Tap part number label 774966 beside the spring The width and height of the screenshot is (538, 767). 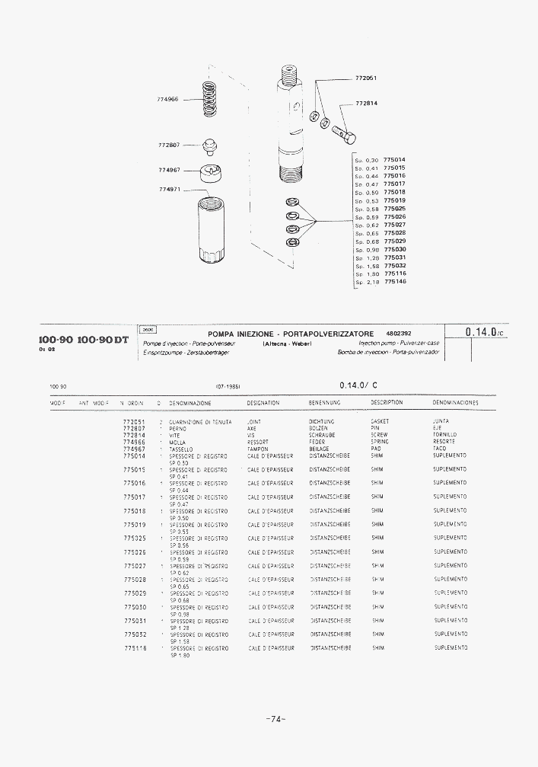(168, 99)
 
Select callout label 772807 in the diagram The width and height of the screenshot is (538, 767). (169, 145)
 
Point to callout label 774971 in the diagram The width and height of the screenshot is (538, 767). (169, 190)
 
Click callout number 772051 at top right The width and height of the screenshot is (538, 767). (367, 78)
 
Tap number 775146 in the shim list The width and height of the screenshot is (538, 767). (395, 281)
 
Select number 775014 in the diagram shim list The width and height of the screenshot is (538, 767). (395, 160)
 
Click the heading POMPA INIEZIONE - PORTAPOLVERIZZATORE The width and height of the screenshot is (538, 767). (291, 334)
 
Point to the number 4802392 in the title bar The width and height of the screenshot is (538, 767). (399, 334)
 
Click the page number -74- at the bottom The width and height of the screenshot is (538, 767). (275, 718)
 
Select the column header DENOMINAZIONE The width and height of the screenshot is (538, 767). (190, 403)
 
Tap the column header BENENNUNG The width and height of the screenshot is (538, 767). (325, 403)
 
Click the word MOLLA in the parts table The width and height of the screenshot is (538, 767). (177, 442)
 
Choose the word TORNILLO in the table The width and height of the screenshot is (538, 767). (445, 435)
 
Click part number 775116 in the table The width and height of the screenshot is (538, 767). (135, 648)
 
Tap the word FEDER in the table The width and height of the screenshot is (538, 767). (317, 442)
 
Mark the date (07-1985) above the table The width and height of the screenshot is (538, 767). (229, 387)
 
